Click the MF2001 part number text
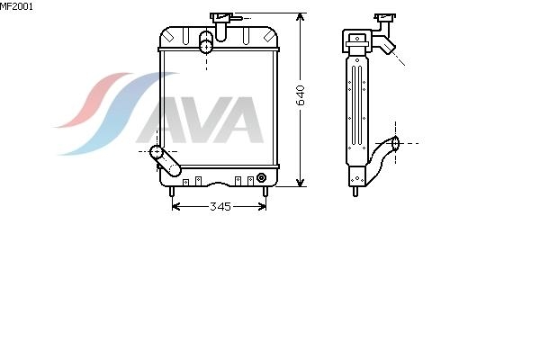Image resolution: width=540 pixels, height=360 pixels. click(x=16, y=6)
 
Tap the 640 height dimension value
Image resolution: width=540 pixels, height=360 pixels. click(x=301, y=95)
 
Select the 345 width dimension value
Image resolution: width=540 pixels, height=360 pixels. click(x=220, y=206)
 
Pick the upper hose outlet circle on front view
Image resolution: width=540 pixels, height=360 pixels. click(x=206, y=47)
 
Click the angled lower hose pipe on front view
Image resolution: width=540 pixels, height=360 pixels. click(x=166, y=161)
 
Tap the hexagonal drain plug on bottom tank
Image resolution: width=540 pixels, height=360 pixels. click(x=261, y=177)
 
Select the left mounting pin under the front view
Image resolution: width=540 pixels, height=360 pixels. click(x=172, y=192)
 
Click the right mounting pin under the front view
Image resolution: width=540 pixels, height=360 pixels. click(x=265, y=192)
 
